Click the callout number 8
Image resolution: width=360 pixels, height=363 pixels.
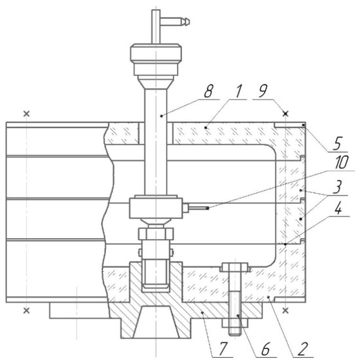208,91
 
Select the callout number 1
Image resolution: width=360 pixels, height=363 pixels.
238,91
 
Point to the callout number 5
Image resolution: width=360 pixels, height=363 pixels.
338,143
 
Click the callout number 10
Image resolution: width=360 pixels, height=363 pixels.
341,162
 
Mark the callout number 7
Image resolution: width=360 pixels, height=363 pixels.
223,349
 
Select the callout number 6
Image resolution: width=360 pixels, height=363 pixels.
266,349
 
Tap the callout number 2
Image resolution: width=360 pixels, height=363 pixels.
302,349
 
